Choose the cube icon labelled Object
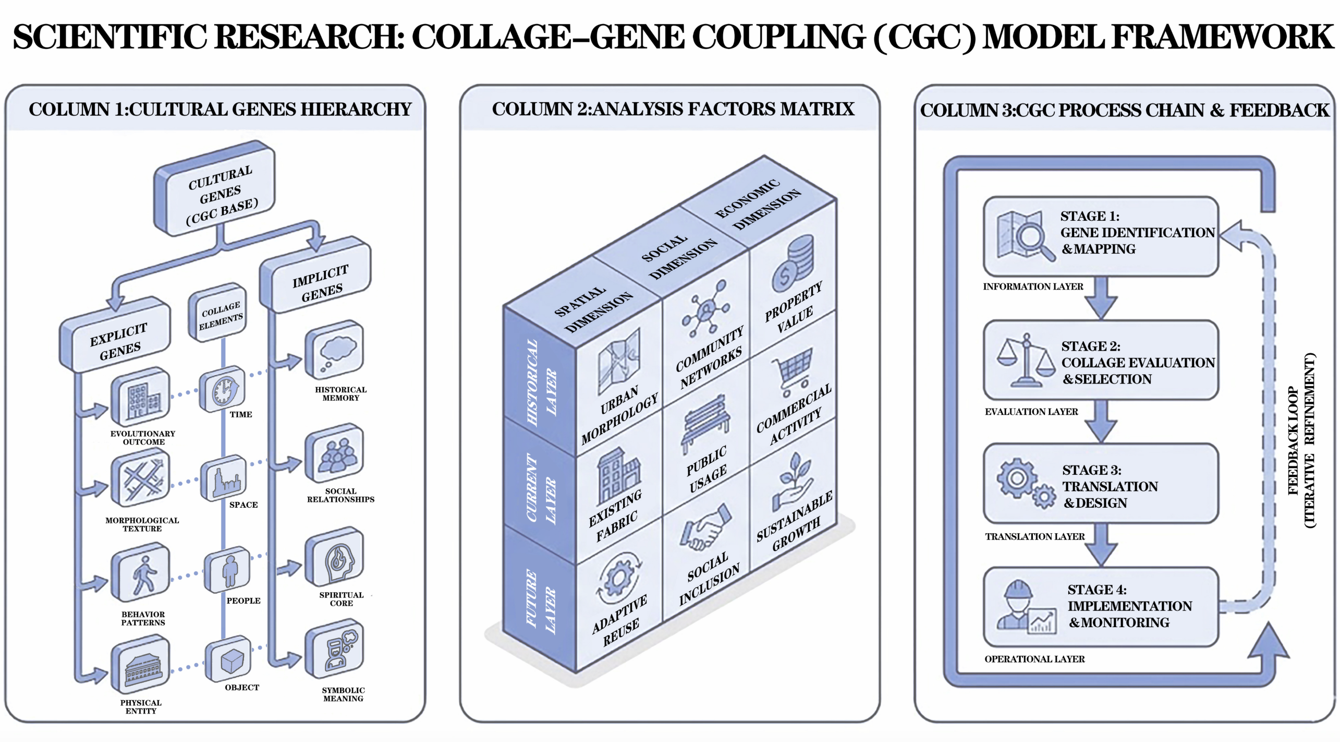point(230,660)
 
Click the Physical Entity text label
point(141,707)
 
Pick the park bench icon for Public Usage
point(705,423)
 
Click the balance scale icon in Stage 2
point(1025,361)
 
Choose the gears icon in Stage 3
point(1025,483)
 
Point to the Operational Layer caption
point(1034,659)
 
